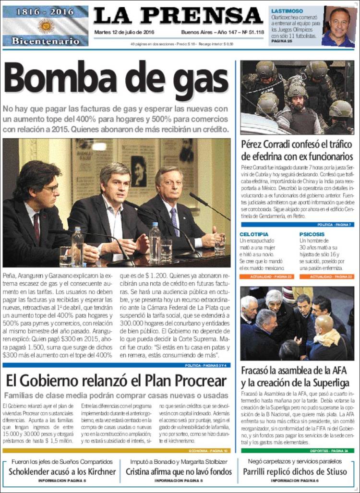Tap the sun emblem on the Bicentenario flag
(46, 25)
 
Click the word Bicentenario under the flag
(46, 41)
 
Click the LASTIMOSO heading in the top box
(287, 10)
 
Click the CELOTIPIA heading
(254, 234)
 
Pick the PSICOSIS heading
(312, 234)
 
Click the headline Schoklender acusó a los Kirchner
(62, 471)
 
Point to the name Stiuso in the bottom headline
(333, 471)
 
